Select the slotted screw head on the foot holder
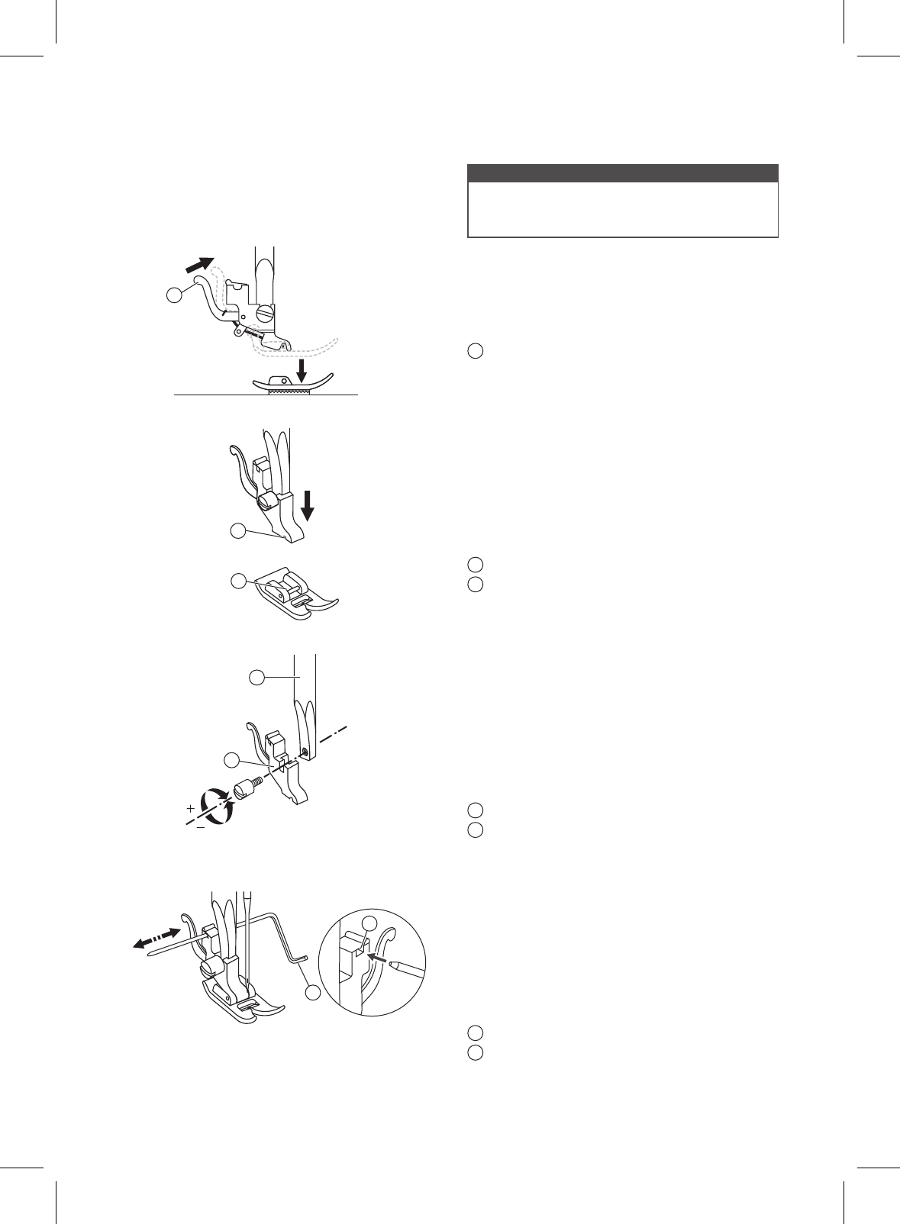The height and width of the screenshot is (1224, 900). coord(264,313)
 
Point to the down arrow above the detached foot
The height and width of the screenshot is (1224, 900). coord(303,372)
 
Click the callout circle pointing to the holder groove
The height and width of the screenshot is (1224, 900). coord(238,531)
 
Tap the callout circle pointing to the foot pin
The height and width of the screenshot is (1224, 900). coord(238,581)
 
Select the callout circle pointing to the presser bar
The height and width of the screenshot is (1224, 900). coord(258,677)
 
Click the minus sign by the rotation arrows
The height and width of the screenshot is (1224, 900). coord(200,827)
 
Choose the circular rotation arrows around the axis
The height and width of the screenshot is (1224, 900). coord(216,807)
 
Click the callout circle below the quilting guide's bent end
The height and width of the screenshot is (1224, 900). coord(313,993)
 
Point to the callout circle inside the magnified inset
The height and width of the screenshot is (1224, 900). coord(369,922)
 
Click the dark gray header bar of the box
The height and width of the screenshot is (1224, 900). coord(622,172)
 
